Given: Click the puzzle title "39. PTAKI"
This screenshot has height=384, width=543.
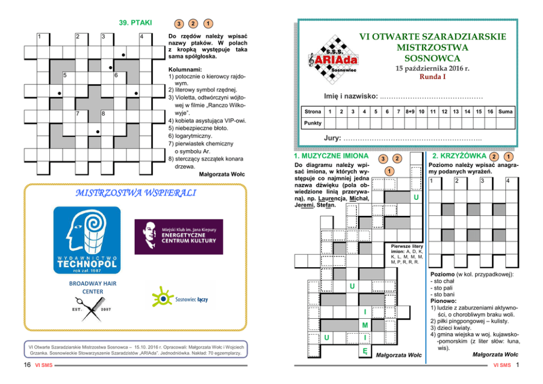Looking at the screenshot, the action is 135,23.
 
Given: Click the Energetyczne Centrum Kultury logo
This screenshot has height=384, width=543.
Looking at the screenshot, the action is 178,237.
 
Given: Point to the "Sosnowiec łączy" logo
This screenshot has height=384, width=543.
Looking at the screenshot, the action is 183,299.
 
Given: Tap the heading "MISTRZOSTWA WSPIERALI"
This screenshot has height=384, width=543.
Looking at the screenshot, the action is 136,193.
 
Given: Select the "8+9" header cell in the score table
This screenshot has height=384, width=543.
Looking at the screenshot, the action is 409,112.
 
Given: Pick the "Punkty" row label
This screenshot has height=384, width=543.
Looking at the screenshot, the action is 313,123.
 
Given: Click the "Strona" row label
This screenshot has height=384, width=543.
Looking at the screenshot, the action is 313,112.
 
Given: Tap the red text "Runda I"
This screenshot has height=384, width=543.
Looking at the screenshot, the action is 432,77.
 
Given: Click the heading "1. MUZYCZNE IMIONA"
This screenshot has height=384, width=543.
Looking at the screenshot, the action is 332,156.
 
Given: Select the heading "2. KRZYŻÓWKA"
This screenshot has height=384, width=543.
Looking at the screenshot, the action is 458,156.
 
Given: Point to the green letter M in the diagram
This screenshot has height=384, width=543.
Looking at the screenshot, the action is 365,325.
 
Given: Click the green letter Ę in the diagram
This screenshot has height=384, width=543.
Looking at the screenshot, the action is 365,350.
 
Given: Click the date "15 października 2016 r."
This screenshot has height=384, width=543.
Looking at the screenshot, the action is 432,68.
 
